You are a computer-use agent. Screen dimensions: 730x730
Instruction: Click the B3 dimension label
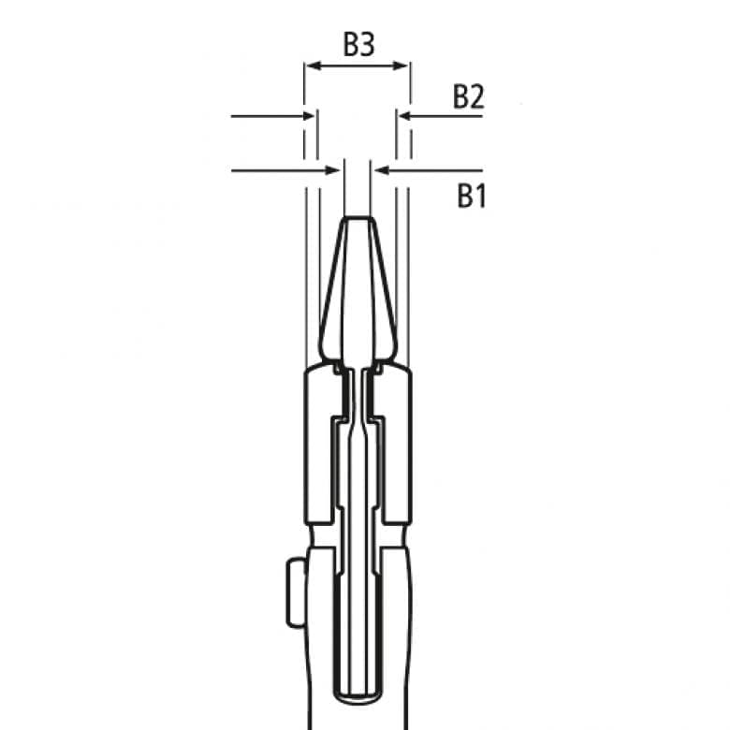(358, 44)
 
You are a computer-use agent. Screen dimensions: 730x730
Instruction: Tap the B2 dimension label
(468, 97)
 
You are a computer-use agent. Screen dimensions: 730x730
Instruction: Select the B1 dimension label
(471, 197)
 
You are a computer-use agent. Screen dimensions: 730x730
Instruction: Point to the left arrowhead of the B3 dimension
(311, 66)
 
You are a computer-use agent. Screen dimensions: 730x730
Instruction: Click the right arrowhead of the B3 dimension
(403, 66)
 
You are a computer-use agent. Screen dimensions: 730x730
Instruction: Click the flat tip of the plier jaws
(357, 220)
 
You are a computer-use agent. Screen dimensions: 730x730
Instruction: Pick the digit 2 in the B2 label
(476, 97)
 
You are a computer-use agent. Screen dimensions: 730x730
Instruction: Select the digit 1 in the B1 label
(479, 197)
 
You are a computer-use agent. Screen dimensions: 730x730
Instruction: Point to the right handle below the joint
(397, 636)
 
